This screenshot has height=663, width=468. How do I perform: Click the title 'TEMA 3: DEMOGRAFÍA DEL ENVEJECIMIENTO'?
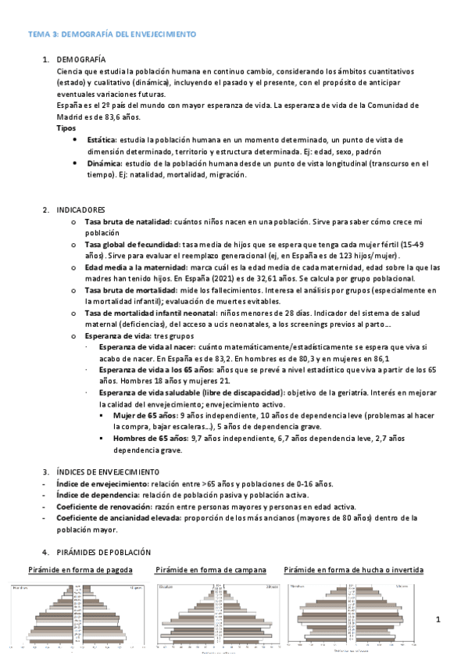pyautogui.click(x=112, y=35)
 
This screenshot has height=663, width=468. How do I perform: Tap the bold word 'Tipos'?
pyautogui.click(x=66, y=127)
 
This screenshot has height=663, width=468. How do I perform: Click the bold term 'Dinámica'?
pyautogui.click(x=105, y=163)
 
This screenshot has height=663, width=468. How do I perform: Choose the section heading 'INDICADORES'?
pyautogui.click(x=81, y=210)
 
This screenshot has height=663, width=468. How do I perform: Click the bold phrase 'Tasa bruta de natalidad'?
pyautogui.click(x=128, y=222)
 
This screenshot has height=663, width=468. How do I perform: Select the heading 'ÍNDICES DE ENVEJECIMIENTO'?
pyautogui.click(x=108, y=471)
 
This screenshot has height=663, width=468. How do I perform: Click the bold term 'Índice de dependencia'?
pyautogui.click(x=96, y=495)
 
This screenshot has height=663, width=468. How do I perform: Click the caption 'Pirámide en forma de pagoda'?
pyautogui.click(x=80, y=569)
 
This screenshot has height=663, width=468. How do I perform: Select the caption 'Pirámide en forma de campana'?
pyautogui.click(x=211, y=569)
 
